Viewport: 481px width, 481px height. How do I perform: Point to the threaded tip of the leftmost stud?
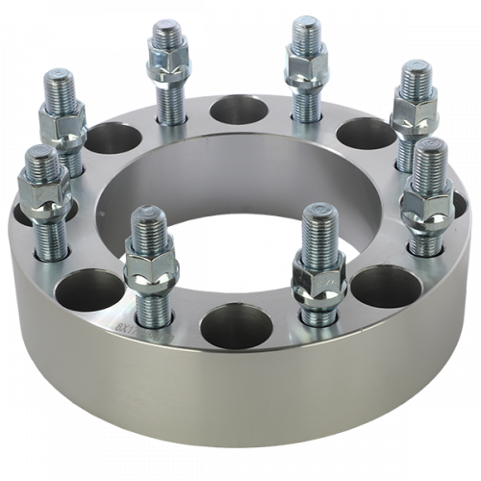(x=40, y=162)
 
